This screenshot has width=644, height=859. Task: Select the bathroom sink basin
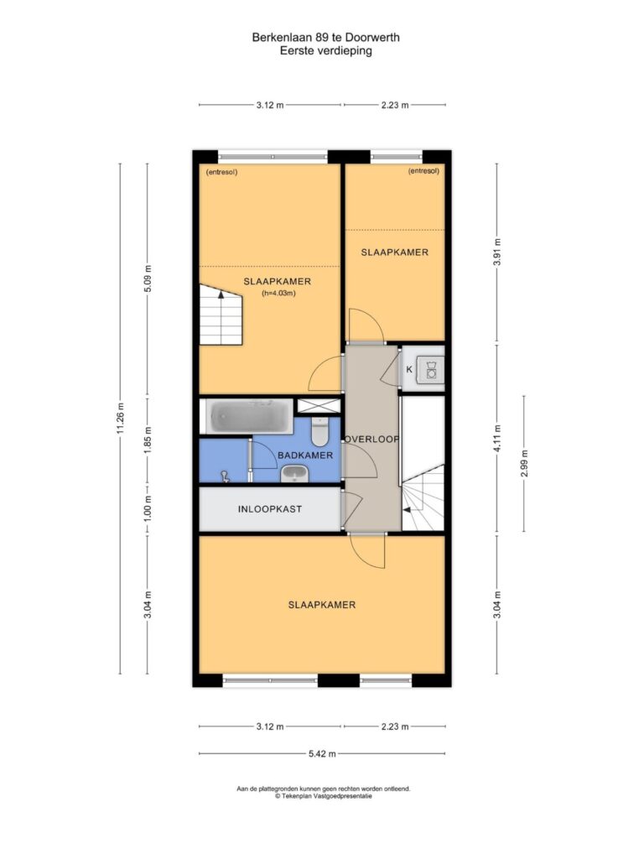click(295, 474)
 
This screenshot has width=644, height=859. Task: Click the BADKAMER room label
click(305, 456)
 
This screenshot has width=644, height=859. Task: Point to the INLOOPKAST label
click(269, 509)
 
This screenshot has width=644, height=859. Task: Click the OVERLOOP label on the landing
click(371, 439)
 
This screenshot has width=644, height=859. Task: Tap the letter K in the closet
click(409, 370)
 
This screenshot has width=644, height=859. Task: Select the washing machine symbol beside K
click(430, 369)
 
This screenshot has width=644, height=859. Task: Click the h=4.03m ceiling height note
click(278, 293)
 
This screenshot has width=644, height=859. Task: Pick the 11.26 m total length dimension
click(121, 418)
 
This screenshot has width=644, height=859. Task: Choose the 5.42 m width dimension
click(322, 754)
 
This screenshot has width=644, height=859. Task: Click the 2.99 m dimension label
click(524, 463)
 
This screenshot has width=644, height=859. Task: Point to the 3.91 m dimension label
click(496, 252)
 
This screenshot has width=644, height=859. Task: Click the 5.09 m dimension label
click(148, 279)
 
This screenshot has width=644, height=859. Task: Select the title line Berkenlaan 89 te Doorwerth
click(326, 37)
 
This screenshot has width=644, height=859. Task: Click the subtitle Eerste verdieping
click(326, 51)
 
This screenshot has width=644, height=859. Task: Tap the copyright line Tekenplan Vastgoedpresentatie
click(323, 796)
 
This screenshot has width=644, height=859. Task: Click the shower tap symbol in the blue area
click(225, 476)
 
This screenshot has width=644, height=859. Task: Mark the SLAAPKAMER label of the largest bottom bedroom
click(322, 605)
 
